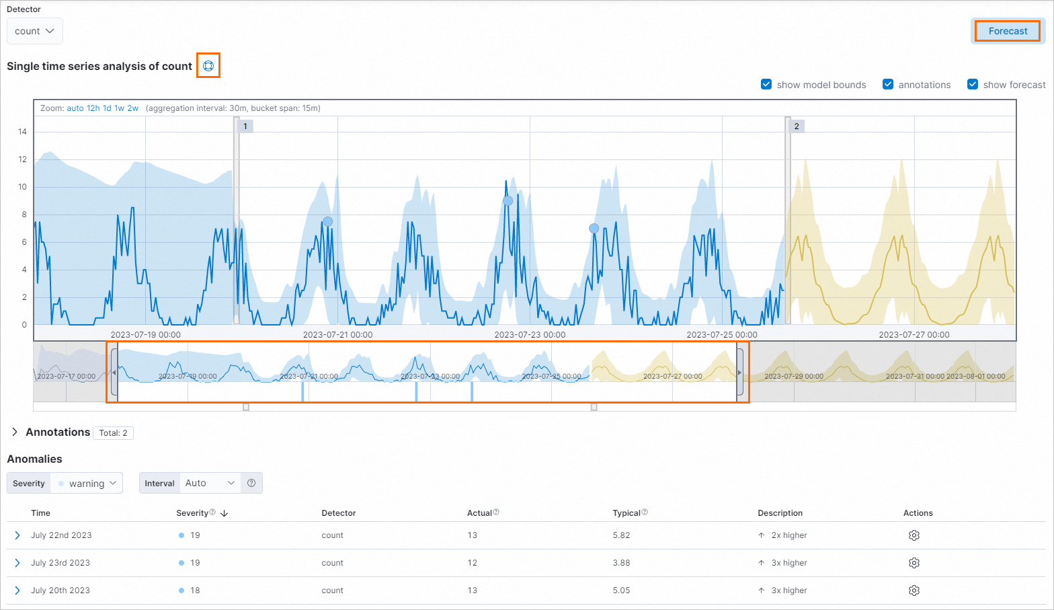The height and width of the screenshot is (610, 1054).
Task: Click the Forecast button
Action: [x=1008, y=31]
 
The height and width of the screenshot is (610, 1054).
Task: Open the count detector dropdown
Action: [x=34, y=31]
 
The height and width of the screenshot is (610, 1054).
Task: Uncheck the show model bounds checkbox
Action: [x=766, y=84]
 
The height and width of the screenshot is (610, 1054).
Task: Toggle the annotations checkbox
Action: [x=888, y=84]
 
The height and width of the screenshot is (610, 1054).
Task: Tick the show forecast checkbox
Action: [x=973, y=84]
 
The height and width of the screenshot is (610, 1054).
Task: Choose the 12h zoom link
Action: [x=93, y=108]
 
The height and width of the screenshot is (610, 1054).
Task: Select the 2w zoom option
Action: [x=133, y=108]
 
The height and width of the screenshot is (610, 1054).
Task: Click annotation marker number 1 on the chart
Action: [x=245, y=126]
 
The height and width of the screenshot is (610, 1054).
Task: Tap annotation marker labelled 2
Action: [x=797, y=126]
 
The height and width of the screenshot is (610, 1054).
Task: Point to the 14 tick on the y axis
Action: [x=23, y=132]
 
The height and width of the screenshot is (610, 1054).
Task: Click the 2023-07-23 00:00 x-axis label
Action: [x=530, y=334]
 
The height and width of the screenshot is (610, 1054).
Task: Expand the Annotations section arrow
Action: [x=15, y=432]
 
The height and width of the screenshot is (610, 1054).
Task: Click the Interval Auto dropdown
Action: [x=210, y=483]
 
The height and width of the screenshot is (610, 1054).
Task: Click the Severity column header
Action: [x=193, y=512]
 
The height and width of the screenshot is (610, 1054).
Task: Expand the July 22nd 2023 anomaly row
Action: [x=17, y=535]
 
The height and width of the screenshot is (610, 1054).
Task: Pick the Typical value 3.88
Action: [x=621, y=563]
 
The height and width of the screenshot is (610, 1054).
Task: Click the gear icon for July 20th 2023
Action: [x=914, y=590]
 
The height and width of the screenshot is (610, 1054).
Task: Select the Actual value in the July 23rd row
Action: [x=473, y=563]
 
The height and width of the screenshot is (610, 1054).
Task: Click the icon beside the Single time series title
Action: [x=208, y=66]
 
